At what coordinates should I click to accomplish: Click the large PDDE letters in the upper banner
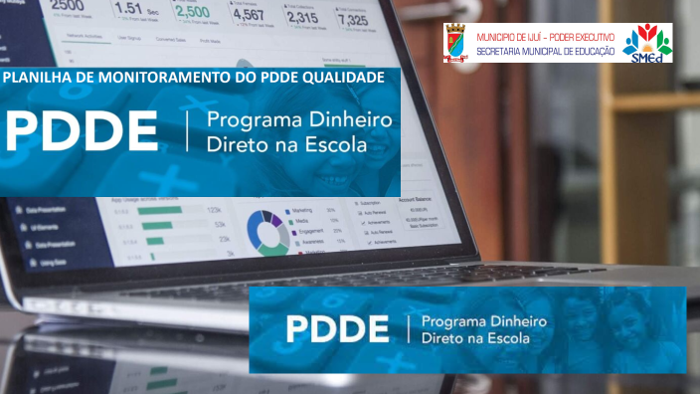click(x=82, y=131)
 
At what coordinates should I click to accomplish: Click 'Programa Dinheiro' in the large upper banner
click(x=298, y=121)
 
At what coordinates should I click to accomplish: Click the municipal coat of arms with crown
click(x=457, y=45)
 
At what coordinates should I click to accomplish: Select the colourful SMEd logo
click(x=647, y=44)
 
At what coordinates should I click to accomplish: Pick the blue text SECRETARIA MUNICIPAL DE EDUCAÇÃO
click(x=545, y=50)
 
